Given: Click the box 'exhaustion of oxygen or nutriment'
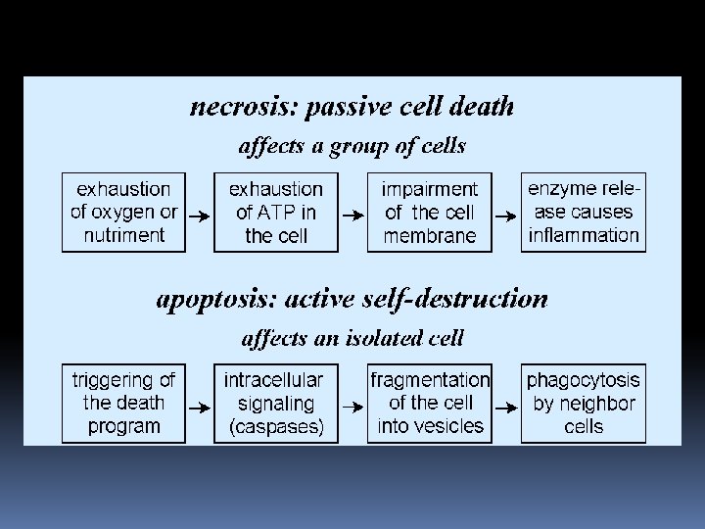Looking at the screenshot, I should (x=123, y=212).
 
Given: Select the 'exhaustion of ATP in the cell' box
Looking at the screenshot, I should (x=275, y=212).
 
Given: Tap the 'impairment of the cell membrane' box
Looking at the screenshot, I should (x=429, y=212).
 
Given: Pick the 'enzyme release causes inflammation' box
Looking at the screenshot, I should (x=583, y=212).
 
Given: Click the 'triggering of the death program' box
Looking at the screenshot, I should (x=123, y=403).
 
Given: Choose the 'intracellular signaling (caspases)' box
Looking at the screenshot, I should (x=275, y=403).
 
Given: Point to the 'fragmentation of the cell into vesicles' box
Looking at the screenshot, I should (x=429, y=403).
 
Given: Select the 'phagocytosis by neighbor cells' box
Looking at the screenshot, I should (x=583, y=403).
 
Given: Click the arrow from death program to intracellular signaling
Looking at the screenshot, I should (x=199, y=405).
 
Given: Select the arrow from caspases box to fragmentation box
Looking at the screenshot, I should (x=352, y=405).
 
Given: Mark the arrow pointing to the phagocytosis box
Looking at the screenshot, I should (x=505, y=405).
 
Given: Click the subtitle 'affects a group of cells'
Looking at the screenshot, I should (x=352, y=147).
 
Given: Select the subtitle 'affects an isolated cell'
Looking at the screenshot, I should (x=352, y=339).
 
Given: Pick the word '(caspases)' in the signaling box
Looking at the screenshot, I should (x=275, y=427).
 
